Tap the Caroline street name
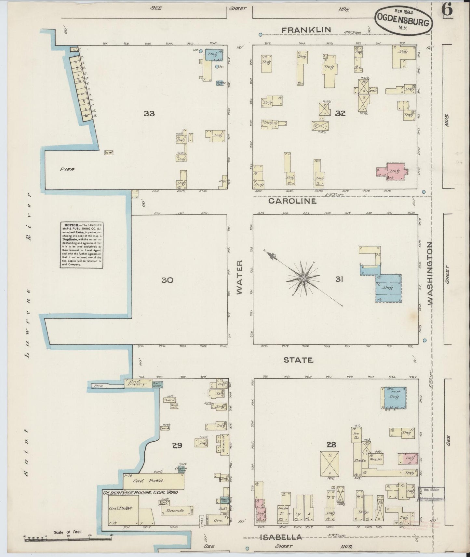point(292,201)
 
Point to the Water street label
point(240,277)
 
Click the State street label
point(298,360)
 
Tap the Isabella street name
point(281,538)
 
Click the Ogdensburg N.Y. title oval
point(404,20)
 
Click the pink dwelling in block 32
point(394,171)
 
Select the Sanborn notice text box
point(82,245)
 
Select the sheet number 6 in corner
point(447,10)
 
